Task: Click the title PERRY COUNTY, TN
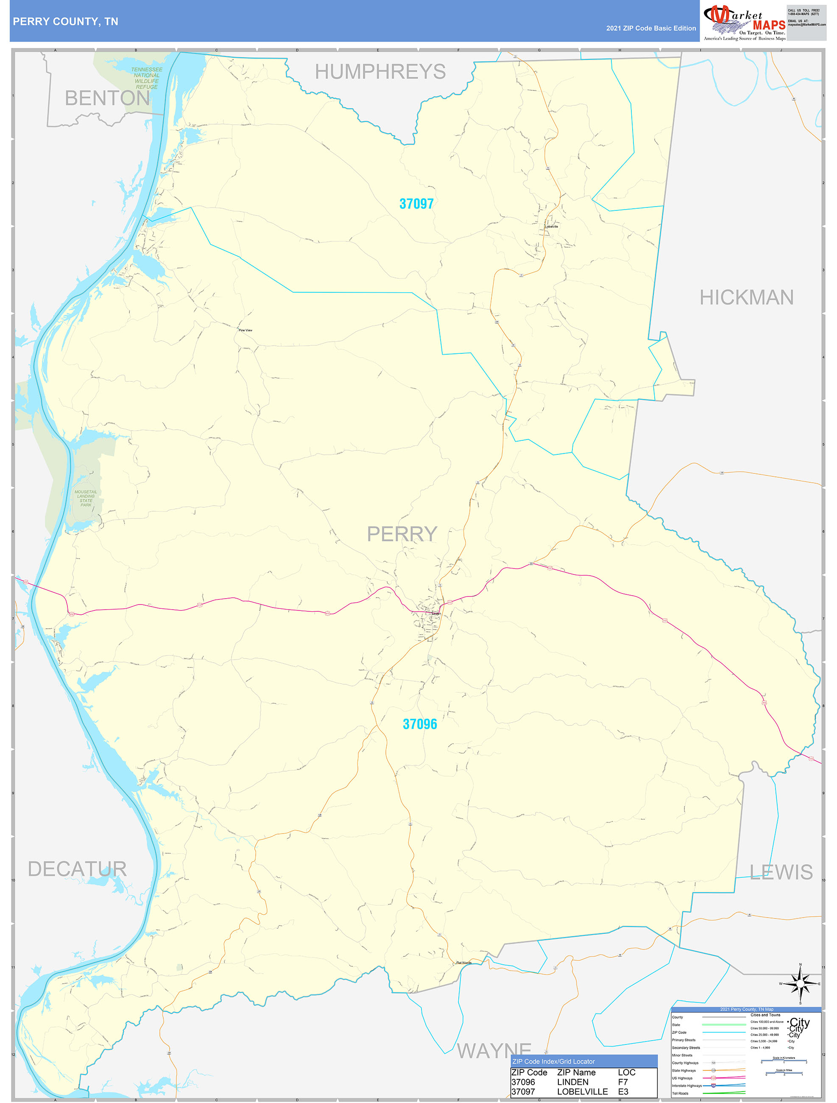coord(65,22)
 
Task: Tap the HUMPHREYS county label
coord(380,72)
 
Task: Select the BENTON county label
coord(107,98)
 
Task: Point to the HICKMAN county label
coord(746,298)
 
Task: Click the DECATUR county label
coord(77,869)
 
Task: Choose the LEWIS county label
coord(781,872)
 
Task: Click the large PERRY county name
coord(402,534)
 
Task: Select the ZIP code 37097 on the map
coord(416,204)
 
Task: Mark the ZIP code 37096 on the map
coord(420,724)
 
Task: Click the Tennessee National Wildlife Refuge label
coord(147,78)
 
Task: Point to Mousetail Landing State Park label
coord(86,498)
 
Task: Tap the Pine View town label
coord(245,330)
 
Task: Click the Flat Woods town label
coord(463,963)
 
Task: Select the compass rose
coord(800,984)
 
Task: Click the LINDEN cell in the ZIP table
coord(572,1082)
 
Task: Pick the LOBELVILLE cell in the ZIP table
coord(582,1092)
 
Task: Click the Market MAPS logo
coord(744,21)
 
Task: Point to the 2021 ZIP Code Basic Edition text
coord(650,28)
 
